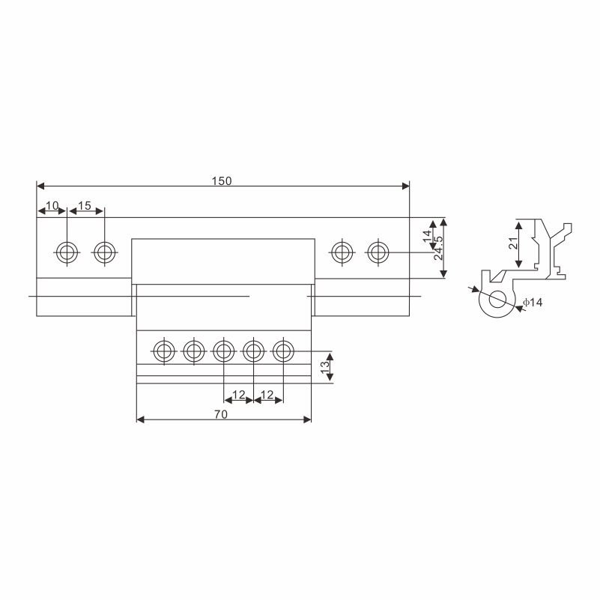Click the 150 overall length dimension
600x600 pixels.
coord(222,181)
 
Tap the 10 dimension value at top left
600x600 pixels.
coord(52,206)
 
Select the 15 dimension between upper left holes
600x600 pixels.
coord(85,206)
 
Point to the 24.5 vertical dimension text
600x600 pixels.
coord(438,248)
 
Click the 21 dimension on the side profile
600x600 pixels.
coord(513,243)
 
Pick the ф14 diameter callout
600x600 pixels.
coord(533,303)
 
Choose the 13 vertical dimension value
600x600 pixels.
coord(325,367)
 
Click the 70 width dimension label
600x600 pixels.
coord(221,414)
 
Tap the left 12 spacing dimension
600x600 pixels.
coord(238,395)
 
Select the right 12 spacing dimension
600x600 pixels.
coord(267,395)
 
